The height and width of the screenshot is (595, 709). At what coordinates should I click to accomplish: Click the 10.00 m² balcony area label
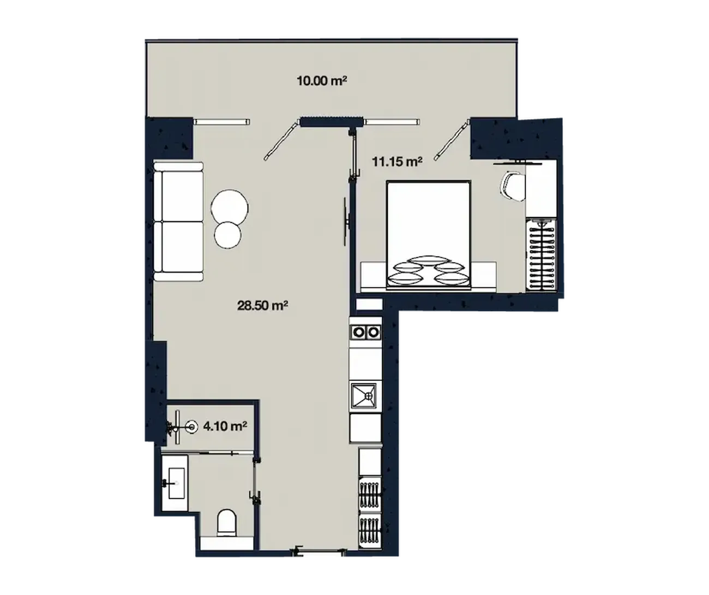click(x=322, y=81)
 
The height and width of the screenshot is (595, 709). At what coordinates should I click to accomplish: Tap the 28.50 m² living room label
click(x=262, y=306)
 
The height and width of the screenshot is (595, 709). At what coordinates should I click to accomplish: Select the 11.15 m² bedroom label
click(x=397, y=162)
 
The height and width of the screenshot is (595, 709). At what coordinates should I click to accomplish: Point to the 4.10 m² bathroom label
click(x=225, y=426)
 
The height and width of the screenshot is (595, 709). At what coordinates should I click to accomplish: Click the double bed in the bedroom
click(x=429, y=235)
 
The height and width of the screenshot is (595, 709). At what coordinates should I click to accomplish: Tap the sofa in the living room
click(x=178, y=222)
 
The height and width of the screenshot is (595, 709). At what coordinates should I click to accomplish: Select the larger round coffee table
click(x=230, y=207)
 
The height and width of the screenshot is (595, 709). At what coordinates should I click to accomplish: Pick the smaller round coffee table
click(x=227, y=235)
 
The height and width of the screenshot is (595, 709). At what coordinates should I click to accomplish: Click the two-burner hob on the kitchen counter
click(x=365, y=332)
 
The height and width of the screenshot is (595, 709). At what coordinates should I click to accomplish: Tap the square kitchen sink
click(x=364, y=396)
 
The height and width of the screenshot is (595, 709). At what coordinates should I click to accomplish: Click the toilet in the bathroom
click(x=226, y=522)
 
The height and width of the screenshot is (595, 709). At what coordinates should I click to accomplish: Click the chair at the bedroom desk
click(x=512, y=186)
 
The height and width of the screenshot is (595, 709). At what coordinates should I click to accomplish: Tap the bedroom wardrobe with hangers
click(x=541, y=255)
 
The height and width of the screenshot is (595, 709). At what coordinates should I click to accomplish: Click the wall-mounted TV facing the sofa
click(x=346, y=222)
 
